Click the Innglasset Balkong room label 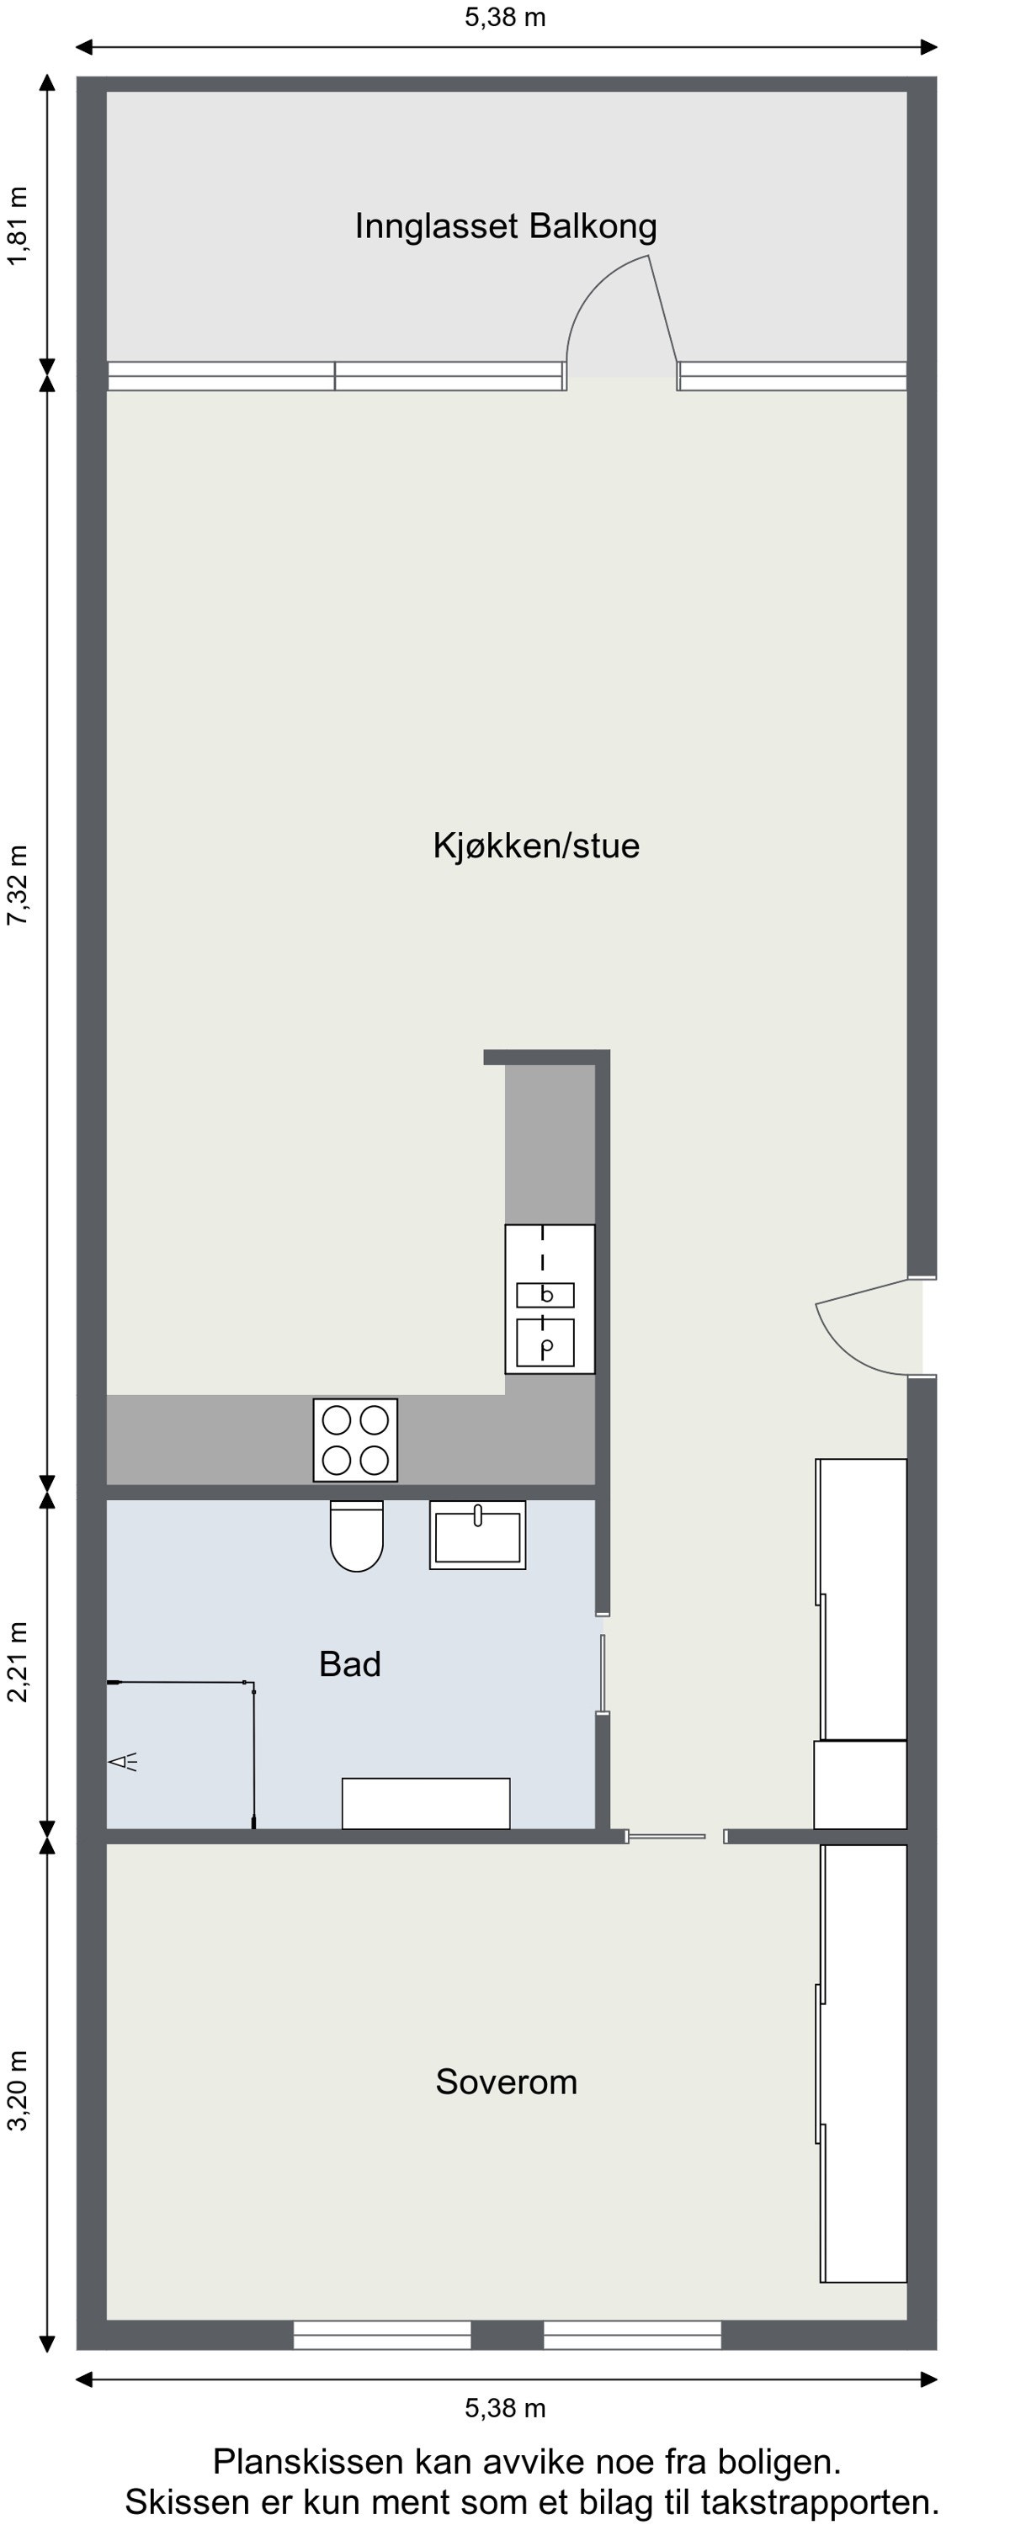click(x=505, y=226)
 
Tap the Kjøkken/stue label click(x=535, y=846)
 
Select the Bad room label click(x=350, y=1663)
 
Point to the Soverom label click(x=506, y=2081)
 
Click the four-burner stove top click(x=355, y=1440)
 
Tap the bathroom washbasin click(x=477, y=1535)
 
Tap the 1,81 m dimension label click(x=19, y=226)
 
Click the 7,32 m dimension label click(x=19, y=885)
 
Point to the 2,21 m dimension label click(x=19, y=1663)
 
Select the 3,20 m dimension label click(x=19, y=2090)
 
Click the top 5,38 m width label click(x=505, y=18)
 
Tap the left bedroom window click(x=382, y=2334)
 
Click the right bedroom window click(x=632, y=2334)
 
